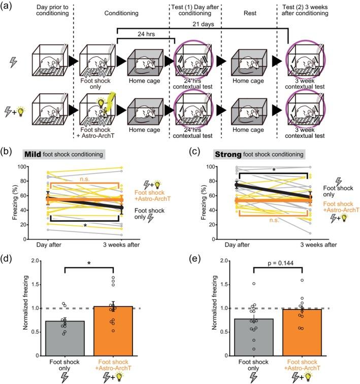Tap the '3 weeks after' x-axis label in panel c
tap(316, 245)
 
